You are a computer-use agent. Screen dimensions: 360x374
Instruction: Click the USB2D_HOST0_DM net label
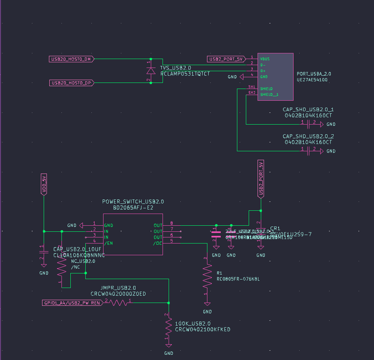pos(71,59)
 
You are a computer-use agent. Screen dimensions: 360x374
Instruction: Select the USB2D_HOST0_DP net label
pos(71,83)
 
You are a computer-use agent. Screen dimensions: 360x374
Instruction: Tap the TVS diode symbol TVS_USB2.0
pos(151,71)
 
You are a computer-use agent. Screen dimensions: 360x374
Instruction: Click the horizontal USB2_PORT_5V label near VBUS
pos(226,59)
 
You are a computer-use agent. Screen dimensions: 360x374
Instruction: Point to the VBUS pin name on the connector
pos(265,59)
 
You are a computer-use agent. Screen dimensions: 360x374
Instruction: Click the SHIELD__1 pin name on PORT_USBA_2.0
pos(269,95)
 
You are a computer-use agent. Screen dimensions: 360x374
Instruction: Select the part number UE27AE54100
pos(312,80)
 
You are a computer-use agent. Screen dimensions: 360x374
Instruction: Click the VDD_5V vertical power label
pos(44,184)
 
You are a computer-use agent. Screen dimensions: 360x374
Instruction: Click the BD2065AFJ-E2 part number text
pos(133,208)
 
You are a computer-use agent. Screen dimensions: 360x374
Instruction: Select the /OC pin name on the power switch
pos(157,243)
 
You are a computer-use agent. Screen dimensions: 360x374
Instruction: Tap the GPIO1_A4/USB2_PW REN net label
pos(72,303)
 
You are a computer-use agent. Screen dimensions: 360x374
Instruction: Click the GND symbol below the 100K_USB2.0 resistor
pos(169,346)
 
